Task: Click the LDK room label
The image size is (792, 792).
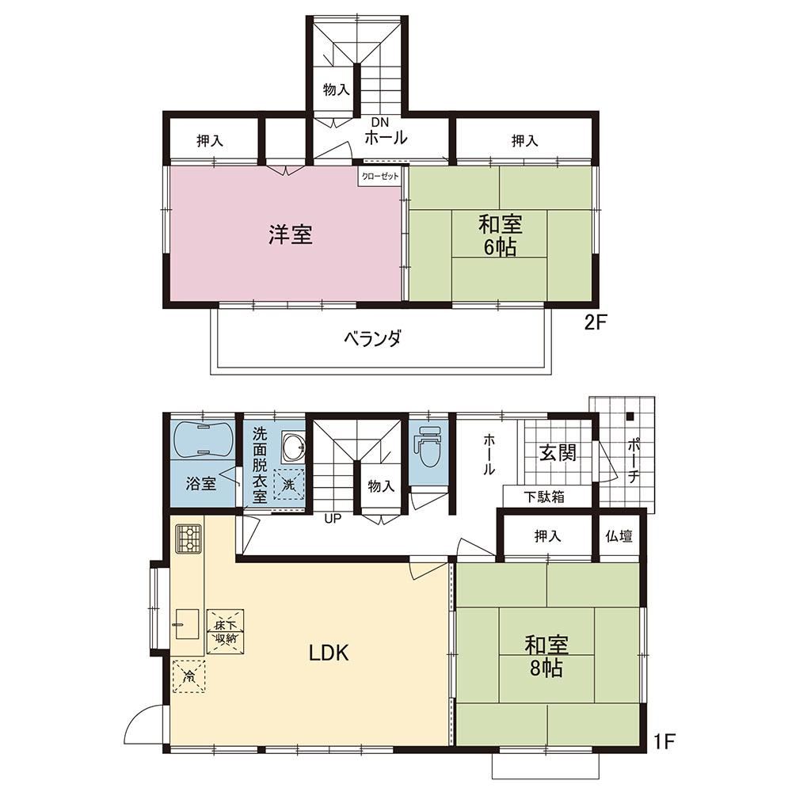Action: (x=329, y=653)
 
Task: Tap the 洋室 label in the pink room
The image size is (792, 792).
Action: (x=291, y=235)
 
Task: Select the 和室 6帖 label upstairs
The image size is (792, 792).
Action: (x=500, y=236)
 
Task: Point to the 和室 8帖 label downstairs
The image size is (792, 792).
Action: (x=546, y=656)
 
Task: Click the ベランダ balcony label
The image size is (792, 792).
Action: (x=373, y=338)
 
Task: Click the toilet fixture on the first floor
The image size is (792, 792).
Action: (x=428, y=446)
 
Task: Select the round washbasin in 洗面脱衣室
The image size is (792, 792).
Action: (x=294, y=447)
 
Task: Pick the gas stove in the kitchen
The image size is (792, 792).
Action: (x=188, y=539)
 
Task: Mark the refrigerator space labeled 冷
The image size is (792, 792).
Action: (x=189, y=676)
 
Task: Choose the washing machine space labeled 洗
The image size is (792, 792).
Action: (x=289, y=484)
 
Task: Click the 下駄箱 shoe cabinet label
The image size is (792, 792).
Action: (x=544, y=497)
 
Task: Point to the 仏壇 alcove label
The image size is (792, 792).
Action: (x=619, y=536)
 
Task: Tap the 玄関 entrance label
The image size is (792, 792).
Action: (x=558, y=452)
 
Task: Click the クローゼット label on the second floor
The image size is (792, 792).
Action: (x=380, y=177)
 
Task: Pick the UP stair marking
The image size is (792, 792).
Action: (x=333, y=518)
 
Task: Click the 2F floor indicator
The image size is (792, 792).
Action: (x=595, y=322)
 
